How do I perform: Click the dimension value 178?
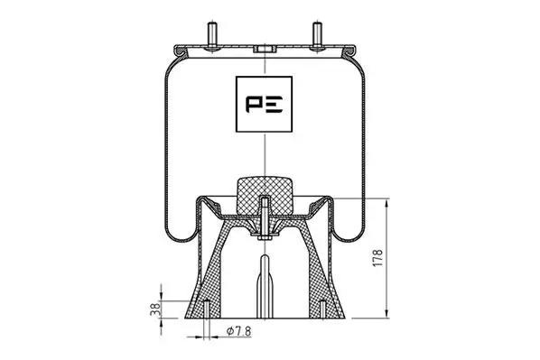tap(379, 260)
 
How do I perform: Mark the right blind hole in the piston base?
tap(321, 307)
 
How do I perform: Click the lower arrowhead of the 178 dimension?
tap(388, 316)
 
